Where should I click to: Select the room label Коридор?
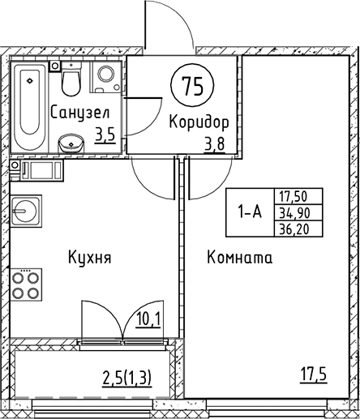click(x=199, y=122)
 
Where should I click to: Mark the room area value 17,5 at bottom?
click(x=311, y=376)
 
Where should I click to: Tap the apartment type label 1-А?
click(x=250, y=212)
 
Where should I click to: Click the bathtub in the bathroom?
click(x=31, y=105)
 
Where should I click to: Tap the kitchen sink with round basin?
click(x=24, y=212)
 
